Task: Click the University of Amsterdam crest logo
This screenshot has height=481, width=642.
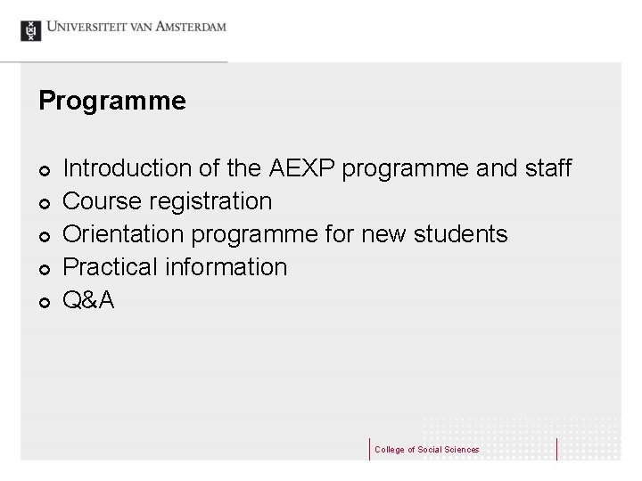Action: [x=31, y=29]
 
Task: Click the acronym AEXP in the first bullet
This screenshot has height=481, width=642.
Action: [x=304, y=167]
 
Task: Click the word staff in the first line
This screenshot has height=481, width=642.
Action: [x=546, y=167]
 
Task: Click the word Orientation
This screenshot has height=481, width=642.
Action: [x=120, y=234]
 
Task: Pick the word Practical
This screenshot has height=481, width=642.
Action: [x=109, y=267]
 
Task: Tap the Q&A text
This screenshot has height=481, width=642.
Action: [x=90, y=300]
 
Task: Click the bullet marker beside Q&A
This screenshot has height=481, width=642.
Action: [x=44, y=303]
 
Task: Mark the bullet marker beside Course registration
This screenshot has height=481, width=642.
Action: [x=44, y=204]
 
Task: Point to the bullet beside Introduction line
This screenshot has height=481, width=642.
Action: [x=44, y=170]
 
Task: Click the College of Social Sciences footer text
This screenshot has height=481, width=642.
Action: [x=426, y=450]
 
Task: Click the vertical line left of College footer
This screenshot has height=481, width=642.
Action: [x=369, y=449]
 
